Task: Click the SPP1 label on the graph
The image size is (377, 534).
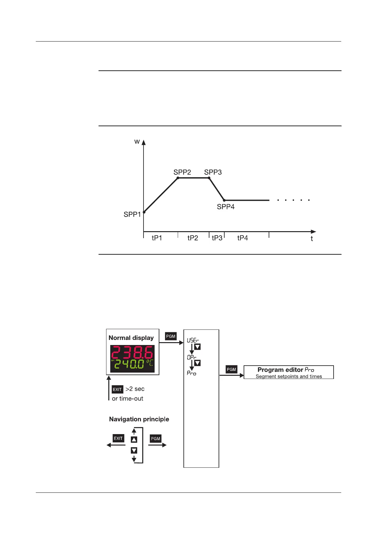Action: [x=132, y=214]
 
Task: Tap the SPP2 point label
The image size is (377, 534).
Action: [x=182, y=172]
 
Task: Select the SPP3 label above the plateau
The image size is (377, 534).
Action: [x=213, y=172]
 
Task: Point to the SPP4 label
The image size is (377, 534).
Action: [x=226, y=207]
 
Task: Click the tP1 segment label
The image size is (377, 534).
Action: [x=157, y=238]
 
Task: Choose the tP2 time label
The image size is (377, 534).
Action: [x=193, y=238]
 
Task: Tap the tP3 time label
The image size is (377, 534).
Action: [x=217, y=238]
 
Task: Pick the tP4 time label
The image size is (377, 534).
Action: [x=242, y=238]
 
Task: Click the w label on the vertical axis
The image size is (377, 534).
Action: [x=137, y=141]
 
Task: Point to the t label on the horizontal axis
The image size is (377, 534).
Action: [x=312, y=239]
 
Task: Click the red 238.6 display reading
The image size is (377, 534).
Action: [x=132, y=353]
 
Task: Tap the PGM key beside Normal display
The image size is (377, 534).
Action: [x=171, y=336]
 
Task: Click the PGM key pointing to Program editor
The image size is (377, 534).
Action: [x=231, y=369]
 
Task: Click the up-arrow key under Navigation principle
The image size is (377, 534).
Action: [x=134, y=440]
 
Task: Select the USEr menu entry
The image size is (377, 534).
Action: [x=193, y=340]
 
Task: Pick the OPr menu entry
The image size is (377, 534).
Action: [x=191, y=357]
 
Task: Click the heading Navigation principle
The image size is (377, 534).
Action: [x=139, y=419]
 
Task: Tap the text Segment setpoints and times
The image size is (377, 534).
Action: [x=289, y=376]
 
